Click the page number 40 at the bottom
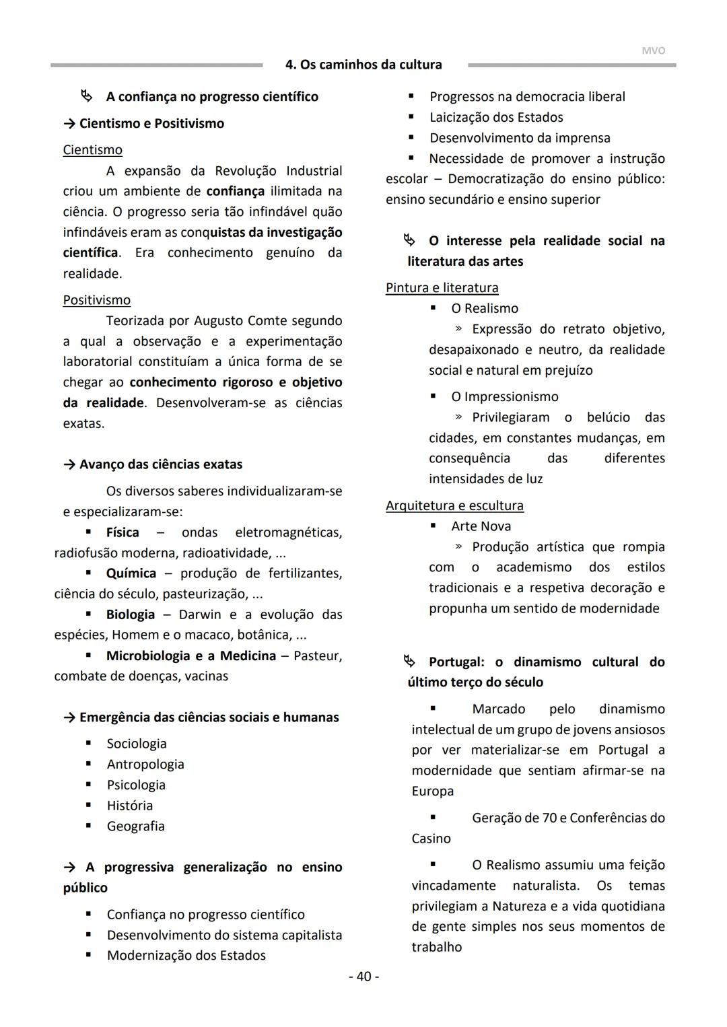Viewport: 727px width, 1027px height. pyautogui.click(x=363, y=977)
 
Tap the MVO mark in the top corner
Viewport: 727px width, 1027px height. pyautogui.click(x=653, y=50)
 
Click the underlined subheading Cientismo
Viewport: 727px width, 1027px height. pyautogui.click(x=92, y=150)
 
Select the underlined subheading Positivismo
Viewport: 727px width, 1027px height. pyautogui.click(x=96, y=300)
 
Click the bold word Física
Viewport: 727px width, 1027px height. pyautogui.click(x=123, y=533)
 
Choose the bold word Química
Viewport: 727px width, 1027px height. pyautogui.click(x=131, y=574)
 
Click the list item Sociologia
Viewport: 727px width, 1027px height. pyautogui.click(x=137, y=744)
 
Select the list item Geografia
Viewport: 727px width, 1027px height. pyautogui.click(x=135, y=826)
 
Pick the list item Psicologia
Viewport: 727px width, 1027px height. pyautogui.click(x=136, y=785)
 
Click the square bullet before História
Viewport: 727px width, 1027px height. pyautogui.click(x=88, y=806)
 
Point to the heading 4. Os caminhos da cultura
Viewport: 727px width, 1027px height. pyautogui.click(x=363, y=65)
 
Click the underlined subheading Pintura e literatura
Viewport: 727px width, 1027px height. pyautogui.click(x=442, y=288)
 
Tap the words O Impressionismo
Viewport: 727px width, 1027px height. pyautogui.click(x=504, y=397)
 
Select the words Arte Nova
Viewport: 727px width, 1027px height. pyautogui.click(x=481, y=526)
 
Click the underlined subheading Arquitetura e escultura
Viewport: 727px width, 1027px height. pyautogui.click(x=454, y=506)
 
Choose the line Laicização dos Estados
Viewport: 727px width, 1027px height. pyautogui.click(x=496, y=118)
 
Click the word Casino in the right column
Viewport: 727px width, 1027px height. pyautogui.click(x=431, y=839)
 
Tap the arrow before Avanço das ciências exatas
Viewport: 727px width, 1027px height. pyautogui.click(x=69, y=465)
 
